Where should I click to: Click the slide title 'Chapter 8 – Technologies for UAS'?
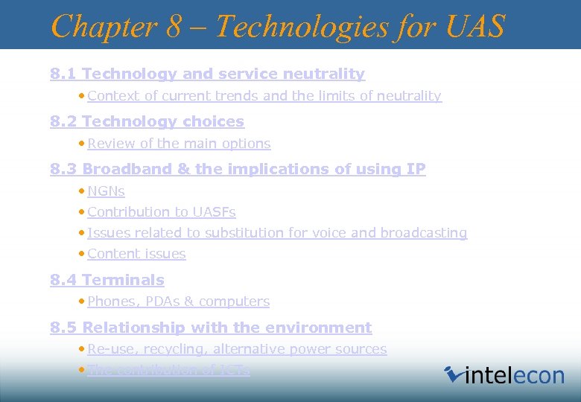click(277, 26)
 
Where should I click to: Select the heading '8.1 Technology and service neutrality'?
click(207, 74)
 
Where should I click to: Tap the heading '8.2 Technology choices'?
click(147, 121)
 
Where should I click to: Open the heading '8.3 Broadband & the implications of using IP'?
click(238, 169)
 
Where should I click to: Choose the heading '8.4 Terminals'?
click(107, 280)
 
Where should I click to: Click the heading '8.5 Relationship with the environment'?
click(211, 328)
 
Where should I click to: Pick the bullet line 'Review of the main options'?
click(179, 144)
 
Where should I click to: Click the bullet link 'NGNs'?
click(106, 191)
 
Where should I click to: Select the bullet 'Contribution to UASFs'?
click(161, 212)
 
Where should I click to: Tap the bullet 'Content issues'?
click(136, 254)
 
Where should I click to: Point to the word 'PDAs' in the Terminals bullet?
click(160, 301)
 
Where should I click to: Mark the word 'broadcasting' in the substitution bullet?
click(424, 233)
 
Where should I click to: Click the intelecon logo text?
click(514, 374)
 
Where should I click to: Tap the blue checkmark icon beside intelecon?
click(453, 373)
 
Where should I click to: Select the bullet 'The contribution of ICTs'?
click(168, 370)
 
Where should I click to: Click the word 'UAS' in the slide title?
click(476, 26)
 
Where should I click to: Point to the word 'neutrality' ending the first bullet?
click(408, 96)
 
